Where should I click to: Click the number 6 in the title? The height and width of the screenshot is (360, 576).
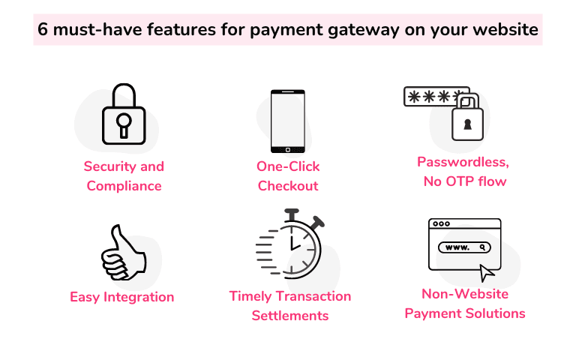coord(43,31)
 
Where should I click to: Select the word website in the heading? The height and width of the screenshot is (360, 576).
coord(505,31)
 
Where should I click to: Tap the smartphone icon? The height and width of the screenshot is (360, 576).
coord(288,121)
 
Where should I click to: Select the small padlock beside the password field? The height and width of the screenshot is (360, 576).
coord(469,118)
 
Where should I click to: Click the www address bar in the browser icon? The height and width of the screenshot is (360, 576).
coord(466,247)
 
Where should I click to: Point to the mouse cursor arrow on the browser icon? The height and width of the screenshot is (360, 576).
coord(487,271)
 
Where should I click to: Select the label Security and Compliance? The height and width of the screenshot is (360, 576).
coord(124,176)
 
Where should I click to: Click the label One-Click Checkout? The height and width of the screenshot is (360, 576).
coord(288,176)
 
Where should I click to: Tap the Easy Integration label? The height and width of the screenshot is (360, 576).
coord(122,297)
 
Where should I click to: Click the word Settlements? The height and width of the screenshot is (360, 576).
coord(290,316)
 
